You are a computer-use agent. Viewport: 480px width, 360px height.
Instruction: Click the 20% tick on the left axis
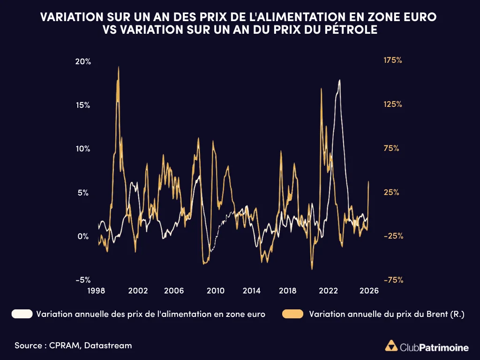tap(83, 62)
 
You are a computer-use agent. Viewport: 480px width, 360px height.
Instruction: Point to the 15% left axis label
tap(83, 105)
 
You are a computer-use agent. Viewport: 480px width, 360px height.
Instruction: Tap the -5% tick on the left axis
tap(83, 280)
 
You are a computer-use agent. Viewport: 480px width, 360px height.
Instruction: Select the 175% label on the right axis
tap(393, 60)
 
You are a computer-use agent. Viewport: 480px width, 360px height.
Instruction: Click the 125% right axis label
tap(393, 105)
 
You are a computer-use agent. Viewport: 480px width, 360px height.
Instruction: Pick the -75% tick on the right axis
tap(393, 280)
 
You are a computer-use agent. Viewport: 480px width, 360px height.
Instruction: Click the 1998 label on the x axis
tap(96, 291)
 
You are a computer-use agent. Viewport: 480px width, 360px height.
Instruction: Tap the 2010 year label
tap(216, 291)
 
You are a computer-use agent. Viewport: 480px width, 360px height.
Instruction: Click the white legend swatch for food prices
tap(22, 314)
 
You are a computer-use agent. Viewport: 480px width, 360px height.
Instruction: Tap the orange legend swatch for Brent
tap(292, 314)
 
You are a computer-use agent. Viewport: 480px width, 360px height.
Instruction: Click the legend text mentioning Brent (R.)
tap(387, 314)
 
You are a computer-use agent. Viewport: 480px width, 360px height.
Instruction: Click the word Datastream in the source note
tap(109, 345)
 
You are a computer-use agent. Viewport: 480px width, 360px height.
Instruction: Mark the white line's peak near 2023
tap(339, 80)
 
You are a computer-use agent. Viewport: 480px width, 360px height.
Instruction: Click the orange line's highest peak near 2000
tap(119, 67)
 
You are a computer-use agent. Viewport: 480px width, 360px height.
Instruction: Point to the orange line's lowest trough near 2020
tap(311, 269)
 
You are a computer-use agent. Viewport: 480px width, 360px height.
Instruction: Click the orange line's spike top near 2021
tap(321, 89)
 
